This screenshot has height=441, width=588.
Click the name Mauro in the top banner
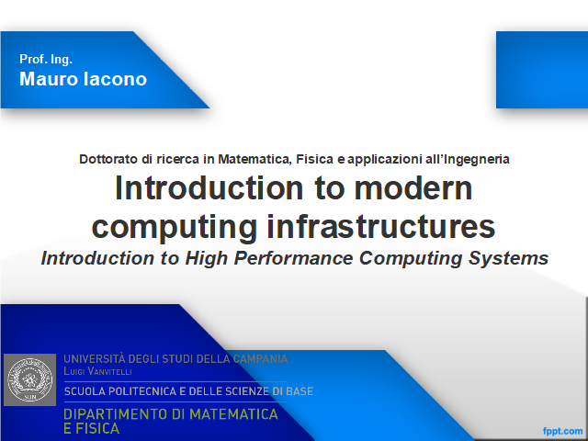(49, 79)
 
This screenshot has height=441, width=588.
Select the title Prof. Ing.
(46, 59)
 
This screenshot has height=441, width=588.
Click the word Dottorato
(108, 159)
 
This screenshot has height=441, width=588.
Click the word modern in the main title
(413, 188)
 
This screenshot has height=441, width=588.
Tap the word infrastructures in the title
(381, 227)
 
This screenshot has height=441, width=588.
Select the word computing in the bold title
(175, 228)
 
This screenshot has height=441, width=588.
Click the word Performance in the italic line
(294, 258)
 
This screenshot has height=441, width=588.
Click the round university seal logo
(29, 379)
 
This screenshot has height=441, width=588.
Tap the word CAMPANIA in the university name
(260, 359)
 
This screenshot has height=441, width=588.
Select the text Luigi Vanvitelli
(97, 371)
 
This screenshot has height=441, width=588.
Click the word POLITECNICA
(143, 391)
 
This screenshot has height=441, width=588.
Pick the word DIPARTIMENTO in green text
(116, 414)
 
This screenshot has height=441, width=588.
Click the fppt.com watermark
(563, 431)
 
